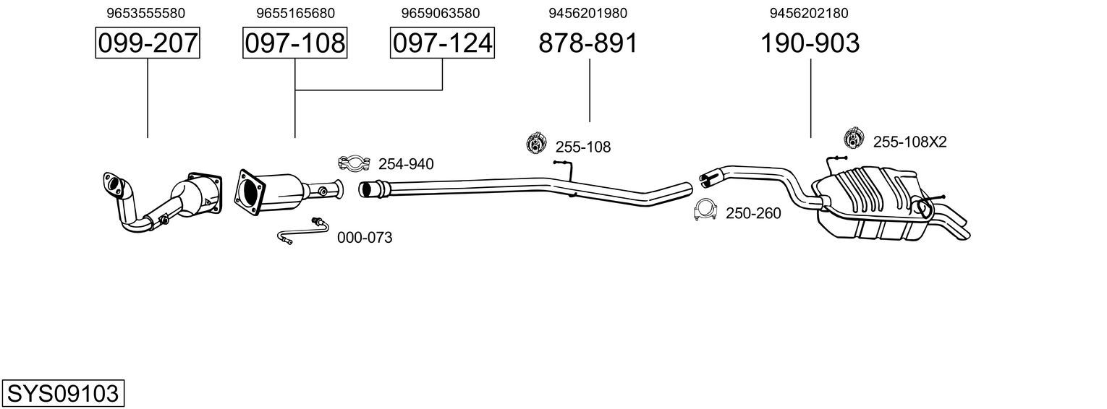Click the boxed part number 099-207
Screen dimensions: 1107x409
coord(148,43)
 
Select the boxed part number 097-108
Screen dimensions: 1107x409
coord(295,43)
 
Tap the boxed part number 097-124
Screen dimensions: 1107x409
coord(442,43)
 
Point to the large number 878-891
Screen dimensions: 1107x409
coord(588,43)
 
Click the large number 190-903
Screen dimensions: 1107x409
coord(810,43)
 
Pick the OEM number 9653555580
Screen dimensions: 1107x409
coord(145,13)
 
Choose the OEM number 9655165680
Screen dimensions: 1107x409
coord(295,13)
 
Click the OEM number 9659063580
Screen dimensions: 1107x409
coord(441,13)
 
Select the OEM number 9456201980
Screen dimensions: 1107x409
coord(588,13)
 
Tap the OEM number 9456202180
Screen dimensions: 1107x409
coord(809,13)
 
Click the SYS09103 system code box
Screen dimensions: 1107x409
coord(63,393)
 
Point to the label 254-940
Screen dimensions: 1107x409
coord(406,164)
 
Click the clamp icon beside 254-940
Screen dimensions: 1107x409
coord(354,163)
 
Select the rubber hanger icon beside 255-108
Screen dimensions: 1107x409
coord(535,143)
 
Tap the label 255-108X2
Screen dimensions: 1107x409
coord(909,142)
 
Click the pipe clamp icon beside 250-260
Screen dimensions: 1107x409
coord(705,210)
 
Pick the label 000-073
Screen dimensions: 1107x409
coord(365,238)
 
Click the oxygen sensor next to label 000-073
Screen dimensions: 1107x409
coord(302,231)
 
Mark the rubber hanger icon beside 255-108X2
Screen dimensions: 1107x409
coord(853,137)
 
